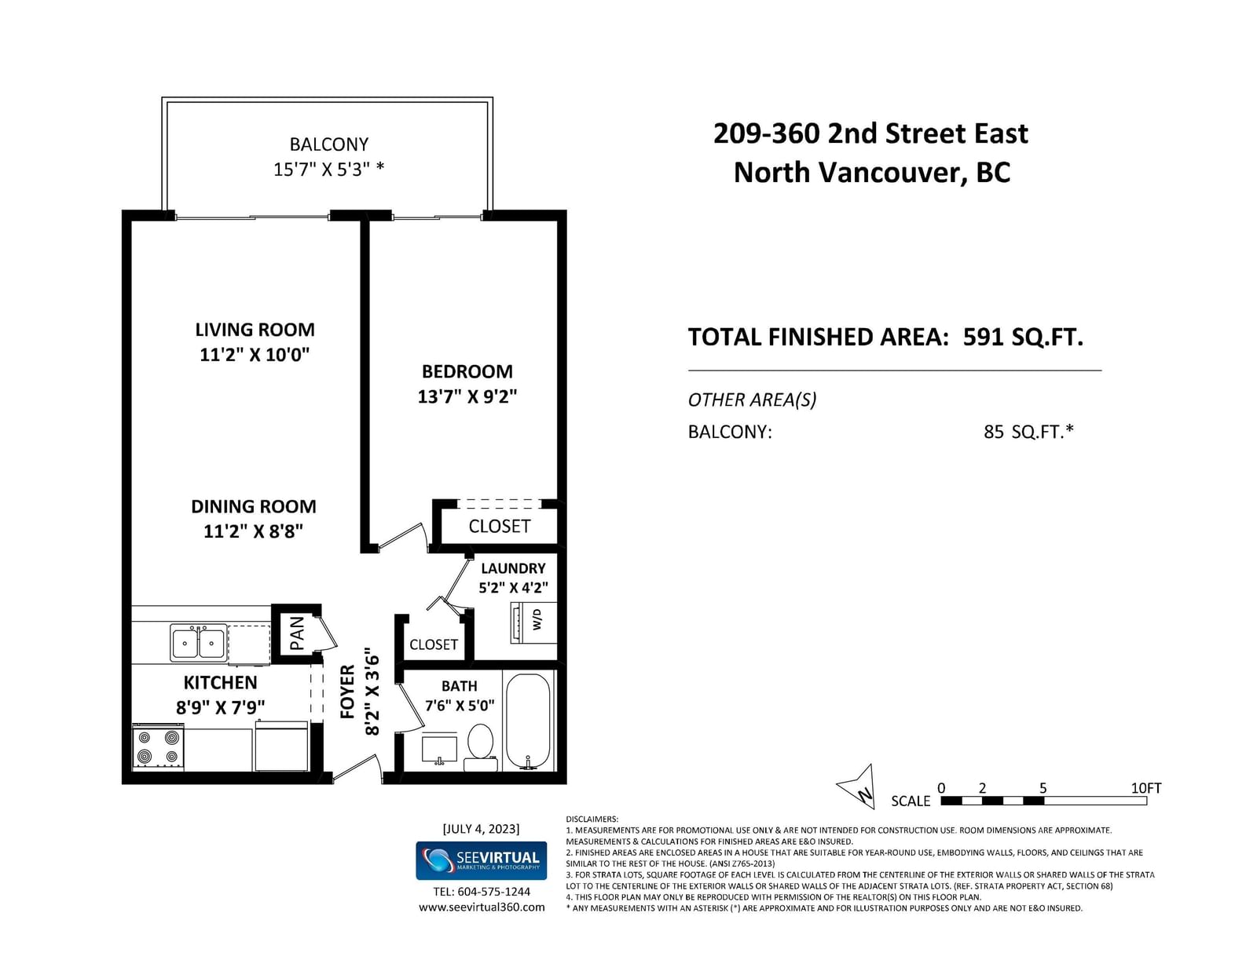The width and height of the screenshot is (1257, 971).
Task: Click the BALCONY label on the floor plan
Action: point(328,144)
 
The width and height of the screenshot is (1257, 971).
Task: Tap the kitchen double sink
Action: point(198,642)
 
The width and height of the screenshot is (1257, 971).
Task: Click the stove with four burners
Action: point(158,747)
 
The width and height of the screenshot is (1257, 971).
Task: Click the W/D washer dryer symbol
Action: point(533,622)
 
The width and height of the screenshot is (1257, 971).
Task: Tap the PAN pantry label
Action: point(297,633)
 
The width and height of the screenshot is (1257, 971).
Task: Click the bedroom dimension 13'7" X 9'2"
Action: point(467,396)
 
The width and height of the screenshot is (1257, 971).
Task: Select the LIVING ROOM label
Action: point(255,330)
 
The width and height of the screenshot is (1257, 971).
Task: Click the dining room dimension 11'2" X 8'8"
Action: point(253,531)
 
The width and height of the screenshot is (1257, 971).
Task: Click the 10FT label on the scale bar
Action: point(1146,788)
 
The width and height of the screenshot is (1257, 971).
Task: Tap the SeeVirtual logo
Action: point(482,860)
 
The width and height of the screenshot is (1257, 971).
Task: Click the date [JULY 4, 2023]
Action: point(482,829)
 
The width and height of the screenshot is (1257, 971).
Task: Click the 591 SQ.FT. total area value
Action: point(1023,337)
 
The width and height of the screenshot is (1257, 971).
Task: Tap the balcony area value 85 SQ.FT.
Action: point(1028,431)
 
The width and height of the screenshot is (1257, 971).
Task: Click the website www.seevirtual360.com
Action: point(482,907)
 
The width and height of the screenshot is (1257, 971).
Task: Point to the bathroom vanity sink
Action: point(439,749)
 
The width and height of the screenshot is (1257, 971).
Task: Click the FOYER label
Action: point(347,692)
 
